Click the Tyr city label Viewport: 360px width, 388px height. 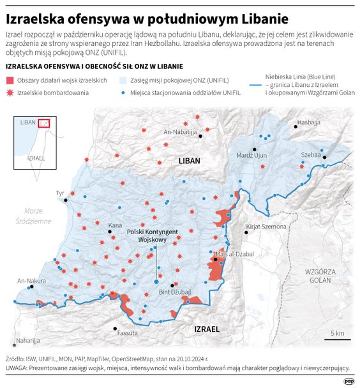[61, 193]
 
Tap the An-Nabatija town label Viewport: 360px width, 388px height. [181, 131]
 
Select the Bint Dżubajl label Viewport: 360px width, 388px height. [174, 292]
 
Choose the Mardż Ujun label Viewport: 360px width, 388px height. [251, 155]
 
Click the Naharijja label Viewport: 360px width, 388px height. [28, 341]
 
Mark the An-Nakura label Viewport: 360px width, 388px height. [30, 280]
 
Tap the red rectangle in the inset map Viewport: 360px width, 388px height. [43, 123]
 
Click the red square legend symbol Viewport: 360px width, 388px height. [10, 80]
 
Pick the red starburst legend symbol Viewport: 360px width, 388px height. [10, 93]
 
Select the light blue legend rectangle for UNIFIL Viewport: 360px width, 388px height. [124, 80]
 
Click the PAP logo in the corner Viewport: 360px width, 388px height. [349, 380]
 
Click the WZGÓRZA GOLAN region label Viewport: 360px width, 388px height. [320, 275]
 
